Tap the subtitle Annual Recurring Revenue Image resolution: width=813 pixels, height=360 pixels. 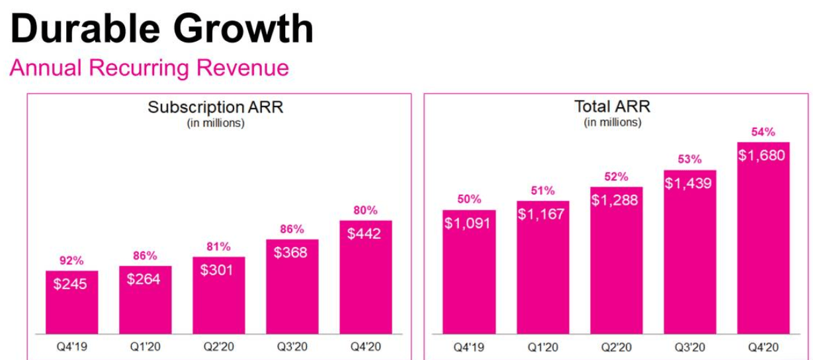(x=149, y=67)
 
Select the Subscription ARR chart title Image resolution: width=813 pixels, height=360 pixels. (x=216, y=107)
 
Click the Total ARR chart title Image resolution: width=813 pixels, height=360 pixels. (x=612, y=107)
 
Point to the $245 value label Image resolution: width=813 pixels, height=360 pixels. (x=71, y=284)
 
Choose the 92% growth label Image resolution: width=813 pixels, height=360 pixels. (x=71, y=261)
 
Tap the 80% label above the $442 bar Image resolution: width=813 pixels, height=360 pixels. (x=365, y=210)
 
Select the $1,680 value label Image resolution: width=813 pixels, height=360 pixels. (x=763, y=156)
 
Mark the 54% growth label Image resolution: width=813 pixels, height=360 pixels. (x=763, y=132)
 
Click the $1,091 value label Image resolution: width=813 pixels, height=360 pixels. (x=468, y=223)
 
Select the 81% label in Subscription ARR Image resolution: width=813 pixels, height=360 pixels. (x=218, y=247)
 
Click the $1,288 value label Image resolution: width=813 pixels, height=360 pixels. (x=616, y=200)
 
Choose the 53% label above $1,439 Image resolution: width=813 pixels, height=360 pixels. (x=689, y=159)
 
